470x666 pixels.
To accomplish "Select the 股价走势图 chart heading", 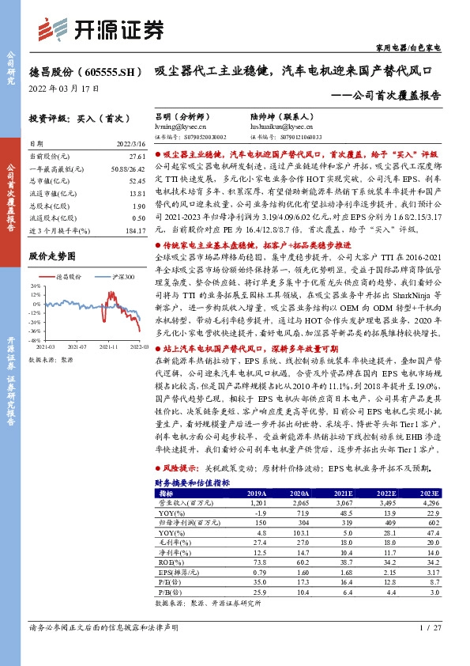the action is coord(52,257).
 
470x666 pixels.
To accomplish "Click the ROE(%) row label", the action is coord(170,562).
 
